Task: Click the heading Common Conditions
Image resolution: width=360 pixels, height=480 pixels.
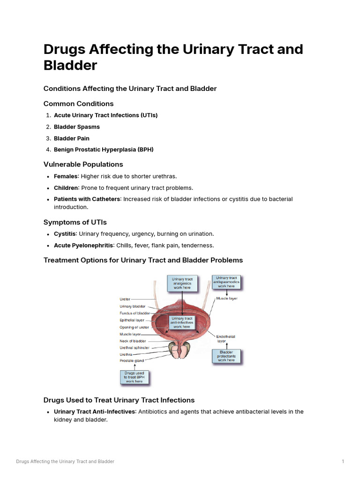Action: pyautogui.click(x=78, y=104)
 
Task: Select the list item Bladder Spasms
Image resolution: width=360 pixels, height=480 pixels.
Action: pyautogui.click(x=77, y=127)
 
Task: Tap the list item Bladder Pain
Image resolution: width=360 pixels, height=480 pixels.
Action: pyautogui.click(x=72, y=138)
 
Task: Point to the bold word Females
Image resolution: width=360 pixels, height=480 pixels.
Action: pyautogui.click(x=66, y=176)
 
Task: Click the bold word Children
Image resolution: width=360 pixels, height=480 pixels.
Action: pyautogui.click(x=66, y=187)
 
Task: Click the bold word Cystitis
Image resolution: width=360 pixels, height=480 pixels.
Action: pyautogui.click(x=65, y=233)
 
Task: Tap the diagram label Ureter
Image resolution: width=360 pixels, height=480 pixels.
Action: pyautogui.click(x=125, y=299)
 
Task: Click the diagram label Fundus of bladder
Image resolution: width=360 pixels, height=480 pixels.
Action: pyautogui.click(x=135, y=313)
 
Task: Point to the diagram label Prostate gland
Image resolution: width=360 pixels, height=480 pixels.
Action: pyautogui.click(x=132, y=360)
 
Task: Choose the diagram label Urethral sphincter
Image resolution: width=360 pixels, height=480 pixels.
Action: pyautogui.click(x=135, y=348)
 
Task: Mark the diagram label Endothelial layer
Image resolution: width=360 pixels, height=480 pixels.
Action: pyautogui.click(x=225, y=338)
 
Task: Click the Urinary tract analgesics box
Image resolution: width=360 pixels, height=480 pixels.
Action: pyautogui.click(x=182, y=284)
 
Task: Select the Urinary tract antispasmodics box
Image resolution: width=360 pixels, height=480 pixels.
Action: pyautogui.click(x=226, y=282)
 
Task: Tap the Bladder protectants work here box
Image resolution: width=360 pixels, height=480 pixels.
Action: pyautogui.click(x=226, y=356)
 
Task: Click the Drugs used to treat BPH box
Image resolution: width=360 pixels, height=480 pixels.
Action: pyautogui.click(x=134, y=377)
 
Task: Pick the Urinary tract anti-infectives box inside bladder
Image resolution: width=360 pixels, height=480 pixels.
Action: pyautogui.click(x=182, y=322)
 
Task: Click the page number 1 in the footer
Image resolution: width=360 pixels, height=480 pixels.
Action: pyautogui.click(x=343, y=462)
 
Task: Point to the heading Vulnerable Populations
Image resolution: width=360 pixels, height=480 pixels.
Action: pyautogui.click(x=83, y=164)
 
